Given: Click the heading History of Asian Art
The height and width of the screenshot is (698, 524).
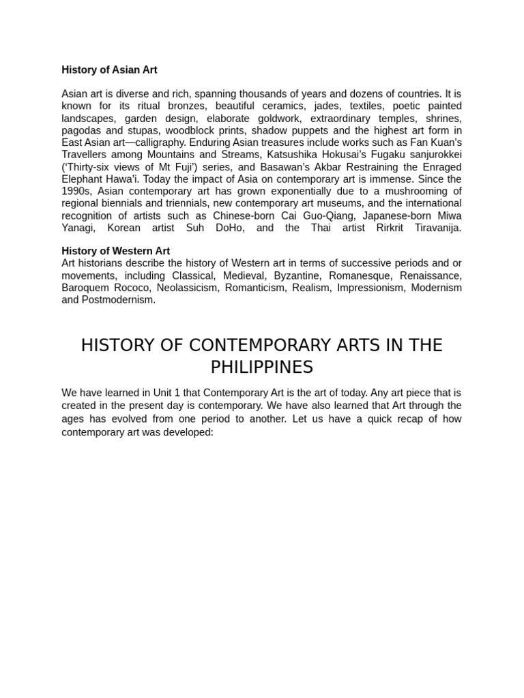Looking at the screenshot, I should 109,70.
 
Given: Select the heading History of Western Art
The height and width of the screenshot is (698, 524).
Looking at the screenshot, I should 115,251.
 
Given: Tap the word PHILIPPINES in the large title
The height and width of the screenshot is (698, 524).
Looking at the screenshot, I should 261,367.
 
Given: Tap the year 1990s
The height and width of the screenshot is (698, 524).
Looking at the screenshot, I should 76,192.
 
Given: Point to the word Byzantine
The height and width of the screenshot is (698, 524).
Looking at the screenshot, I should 296,275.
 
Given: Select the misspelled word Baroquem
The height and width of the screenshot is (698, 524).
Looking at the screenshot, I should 84,288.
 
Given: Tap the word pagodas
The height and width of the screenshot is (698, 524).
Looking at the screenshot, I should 81,130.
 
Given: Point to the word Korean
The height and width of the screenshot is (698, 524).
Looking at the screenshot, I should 123,228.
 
